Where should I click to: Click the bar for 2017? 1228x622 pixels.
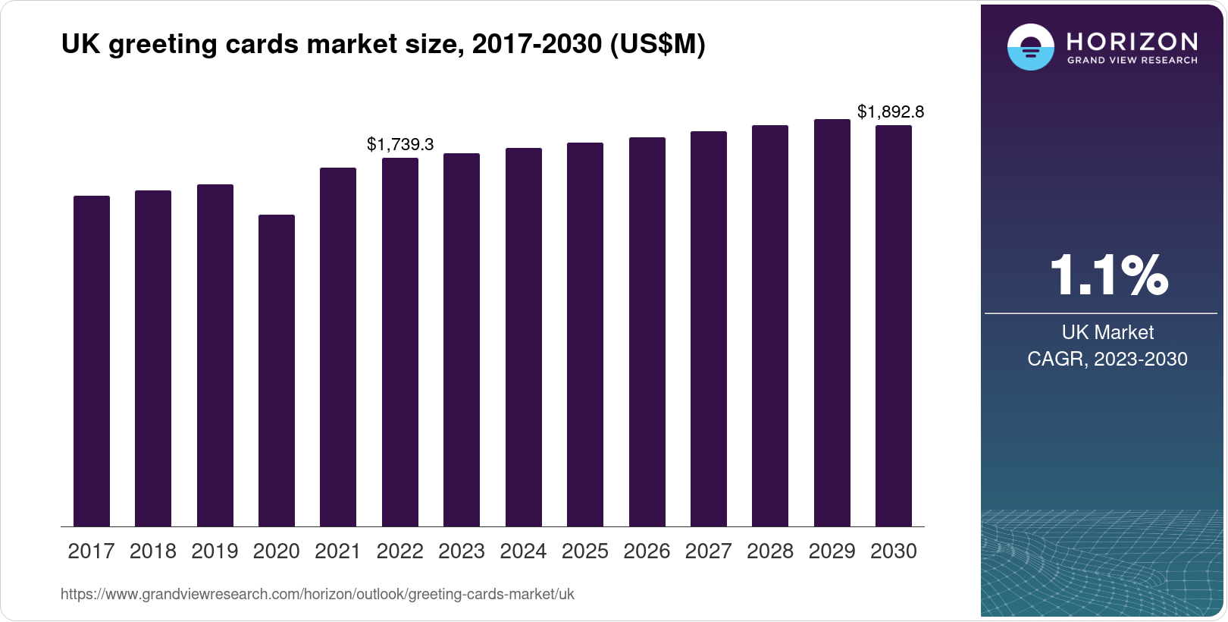pos(92,361)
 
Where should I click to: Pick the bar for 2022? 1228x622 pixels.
pos(400,342)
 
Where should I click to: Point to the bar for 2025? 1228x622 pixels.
pos(585,335)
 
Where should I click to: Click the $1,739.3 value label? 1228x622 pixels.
pos(400,144)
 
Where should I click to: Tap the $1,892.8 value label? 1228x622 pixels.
pos(891,112)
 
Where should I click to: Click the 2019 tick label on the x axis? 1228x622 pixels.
pos(215,551)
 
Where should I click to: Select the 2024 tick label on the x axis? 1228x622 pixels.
pos(523,551)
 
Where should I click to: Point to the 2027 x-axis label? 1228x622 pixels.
pos(708,551)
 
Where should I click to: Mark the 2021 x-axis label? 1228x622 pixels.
pos(338,551)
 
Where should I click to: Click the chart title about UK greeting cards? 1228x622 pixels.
pos(383,45)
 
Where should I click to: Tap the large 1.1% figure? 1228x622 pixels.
pos(1108,275)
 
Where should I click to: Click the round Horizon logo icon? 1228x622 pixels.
pos(1030,47)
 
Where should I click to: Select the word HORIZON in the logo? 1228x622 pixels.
pos(1132,41)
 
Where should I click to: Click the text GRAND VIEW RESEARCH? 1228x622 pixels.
pos(1132,61)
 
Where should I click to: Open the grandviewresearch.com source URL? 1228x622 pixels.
pos(317,595)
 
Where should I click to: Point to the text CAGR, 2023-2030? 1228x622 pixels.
pos(1107,359)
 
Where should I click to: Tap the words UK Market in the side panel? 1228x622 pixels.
pos(1107,332)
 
